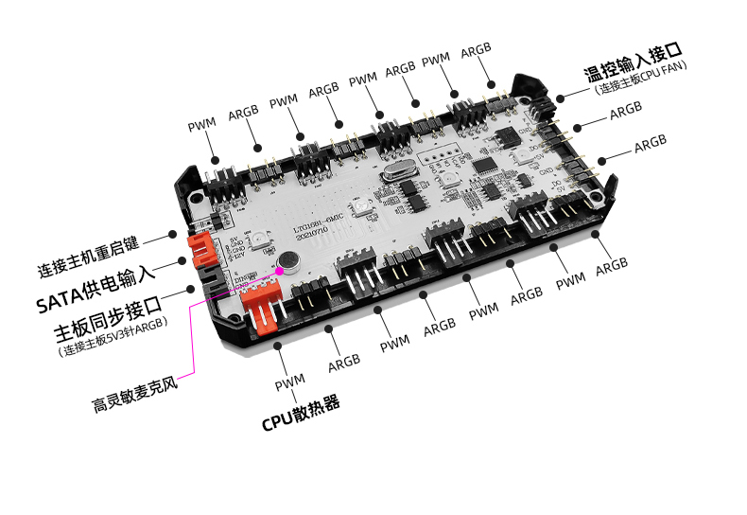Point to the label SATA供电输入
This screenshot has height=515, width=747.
pos(95,303)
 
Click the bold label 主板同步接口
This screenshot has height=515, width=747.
pos(108,332)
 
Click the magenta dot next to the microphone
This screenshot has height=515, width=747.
pos(281,271)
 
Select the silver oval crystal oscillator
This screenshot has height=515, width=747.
pos(394,173)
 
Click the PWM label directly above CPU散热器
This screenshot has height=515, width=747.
pos(290,382)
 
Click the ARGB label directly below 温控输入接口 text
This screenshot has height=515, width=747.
pos(625,112)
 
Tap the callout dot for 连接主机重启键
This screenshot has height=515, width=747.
pos(172,233)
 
